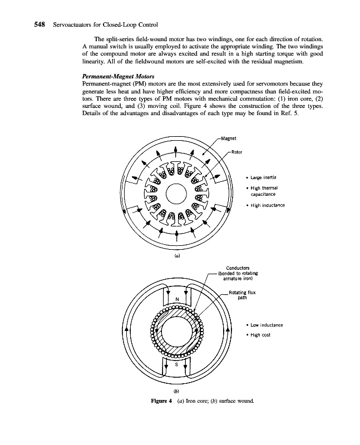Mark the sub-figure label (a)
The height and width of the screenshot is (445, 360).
(177, 258)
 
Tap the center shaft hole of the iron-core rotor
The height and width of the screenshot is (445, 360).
(176, 194)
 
